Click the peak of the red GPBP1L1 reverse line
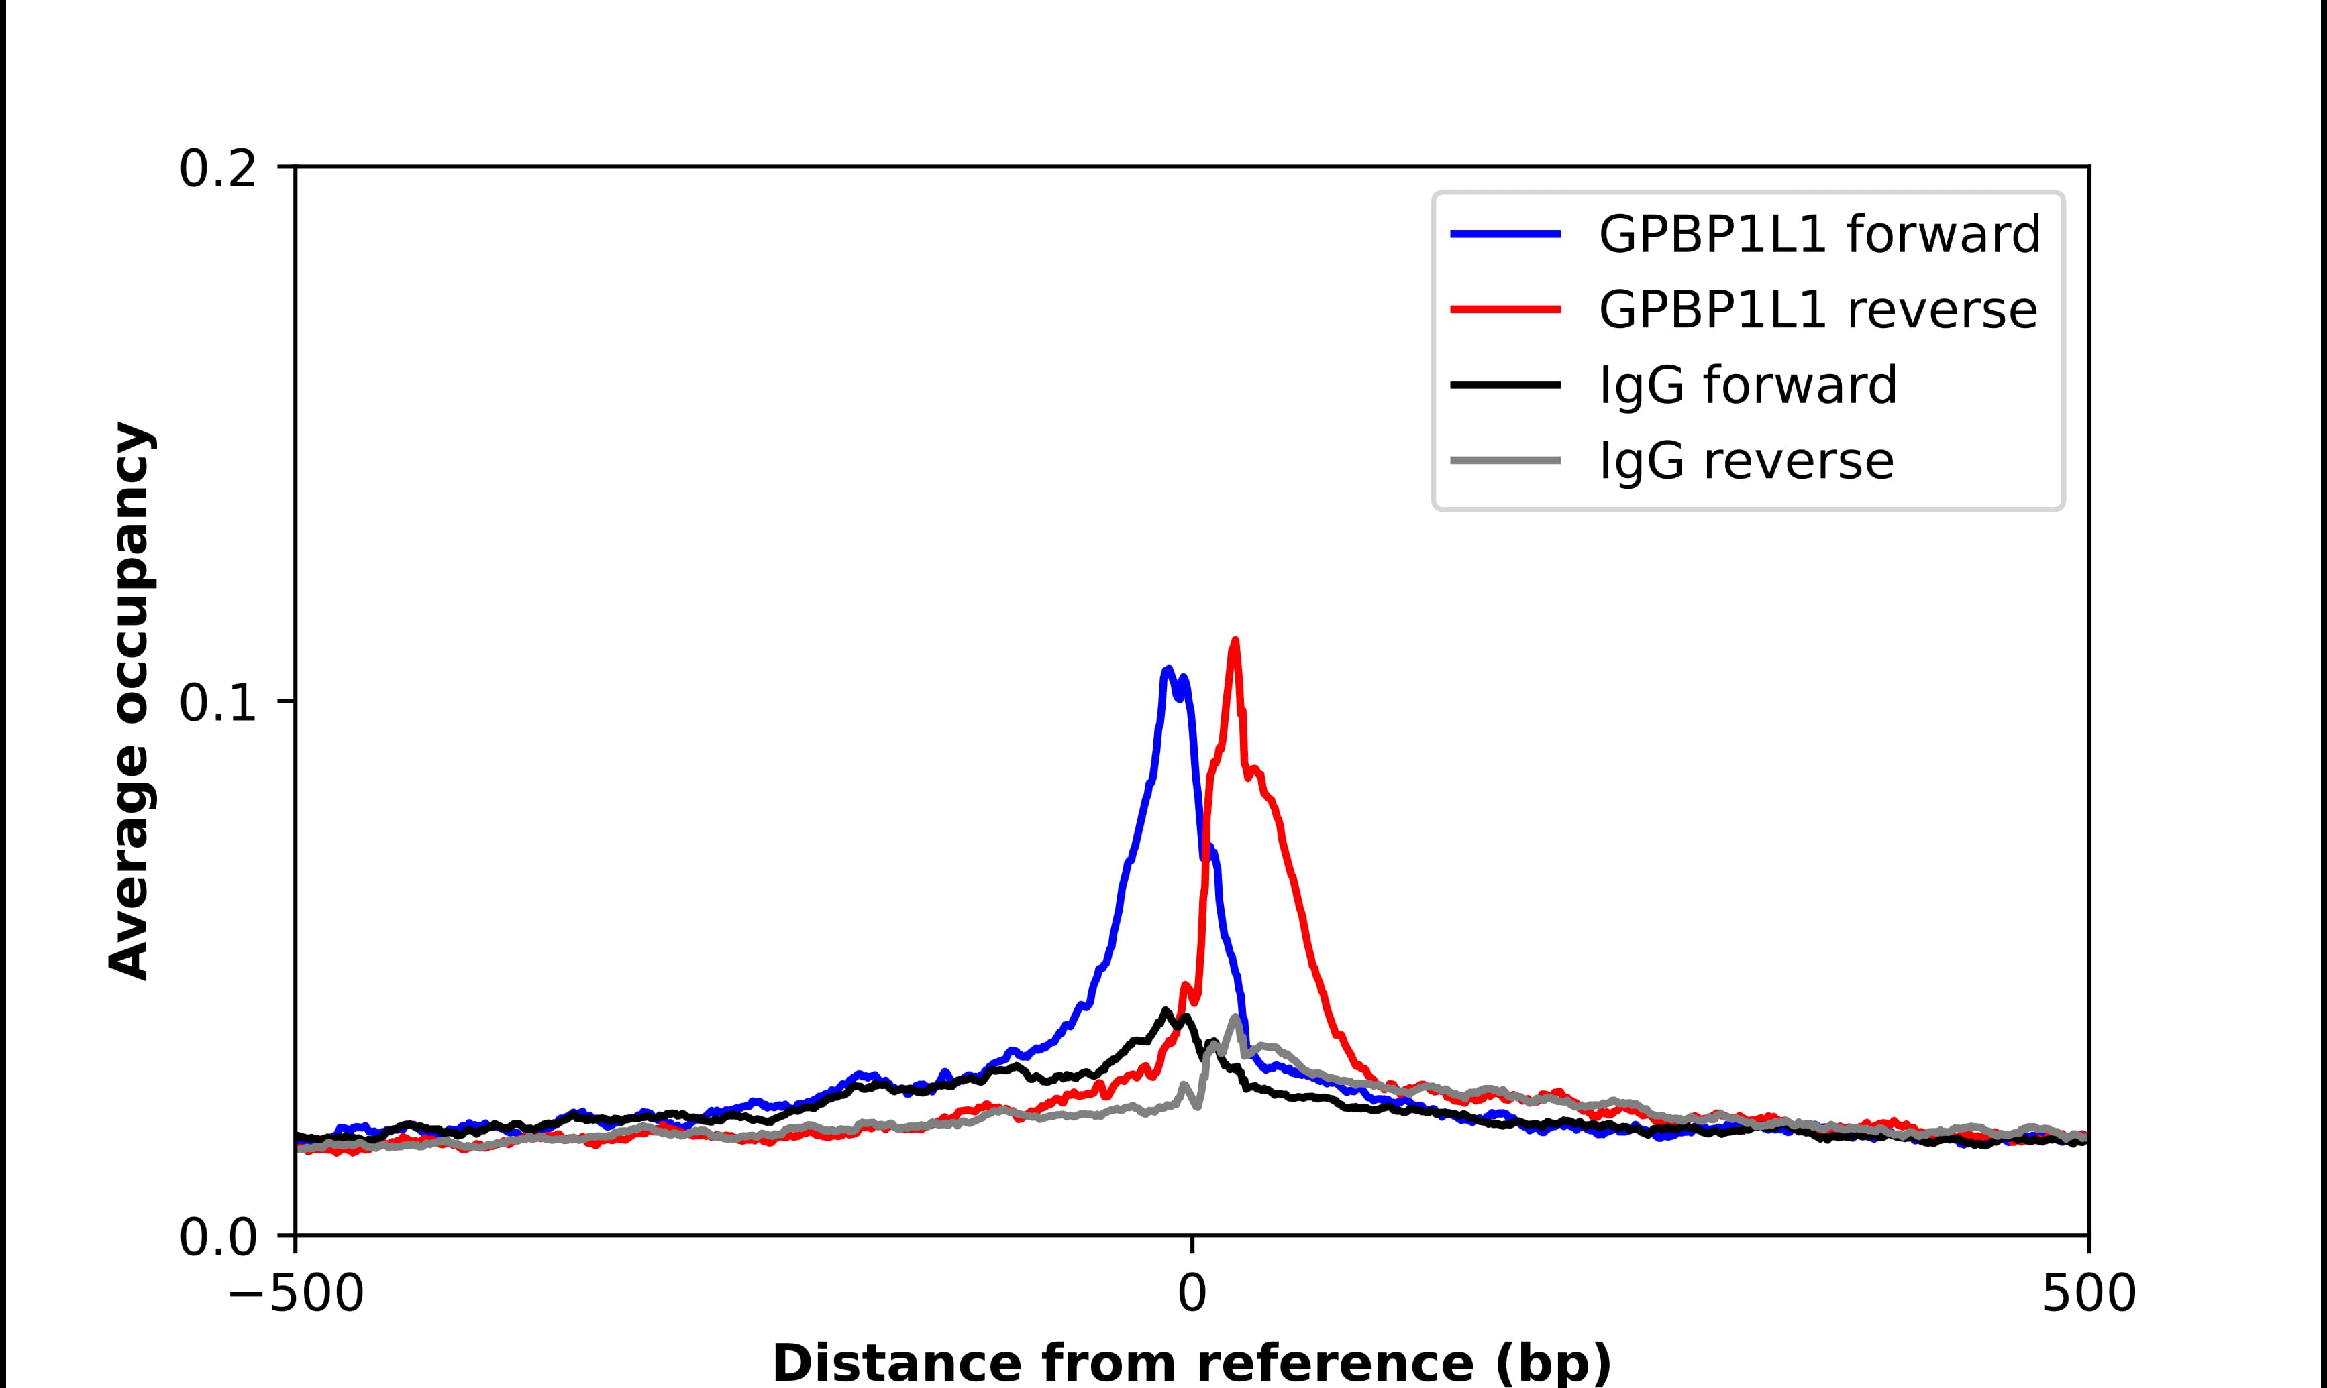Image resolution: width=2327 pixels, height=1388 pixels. click(1235, 642)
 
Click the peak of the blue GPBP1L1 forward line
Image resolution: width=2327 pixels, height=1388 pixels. click(1168, 670)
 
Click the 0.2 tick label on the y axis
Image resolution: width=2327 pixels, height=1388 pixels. click(217, 169)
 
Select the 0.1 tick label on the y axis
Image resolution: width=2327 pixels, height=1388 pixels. click(217, 703)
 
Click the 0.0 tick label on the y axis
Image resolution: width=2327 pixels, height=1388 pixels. click(217, 1237)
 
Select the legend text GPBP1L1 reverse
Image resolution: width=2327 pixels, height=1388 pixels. click(1817, 310)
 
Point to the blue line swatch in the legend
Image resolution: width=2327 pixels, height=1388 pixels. click(1506, 234)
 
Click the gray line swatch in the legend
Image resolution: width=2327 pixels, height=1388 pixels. click(1506, 460)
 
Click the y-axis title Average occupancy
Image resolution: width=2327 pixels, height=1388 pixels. click(129, 701)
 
